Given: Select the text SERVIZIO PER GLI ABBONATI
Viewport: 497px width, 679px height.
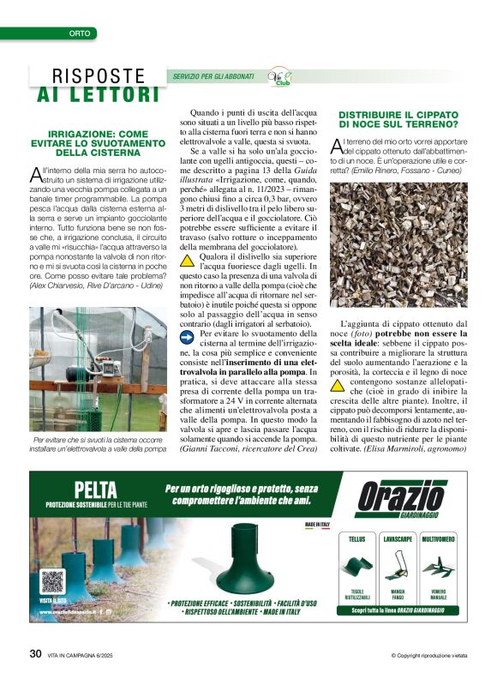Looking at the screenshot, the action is click(214, 76).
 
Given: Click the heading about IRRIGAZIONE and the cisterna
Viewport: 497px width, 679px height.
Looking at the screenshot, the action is click(98, 143).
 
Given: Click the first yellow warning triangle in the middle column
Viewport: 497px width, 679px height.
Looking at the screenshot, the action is click(187, 260).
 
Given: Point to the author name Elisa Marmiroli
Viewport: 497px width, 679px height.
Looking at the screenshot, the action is click(398, 449).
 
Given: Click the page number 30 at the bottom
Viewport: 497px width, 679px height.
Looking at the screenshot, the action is click(35, 653).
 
